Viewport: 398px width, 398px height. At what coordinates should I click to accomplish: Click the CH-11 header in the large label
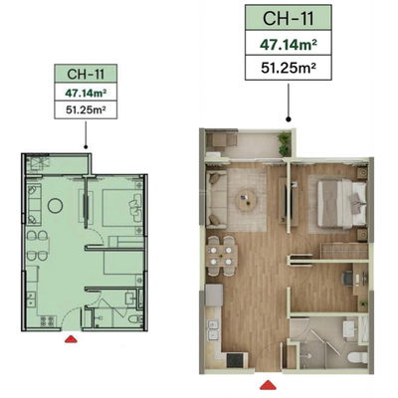290,19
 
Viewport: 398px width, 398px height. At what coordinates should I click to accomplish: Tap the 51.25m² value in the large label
290,70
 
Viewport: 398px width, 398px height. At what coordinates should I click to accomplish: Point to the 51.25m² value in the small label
86,110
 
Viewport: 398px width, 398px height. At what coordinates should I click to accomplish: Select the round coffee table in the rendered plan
245,203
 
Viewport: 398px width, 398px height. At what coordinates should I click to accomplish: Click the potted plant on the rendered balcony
284,140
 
